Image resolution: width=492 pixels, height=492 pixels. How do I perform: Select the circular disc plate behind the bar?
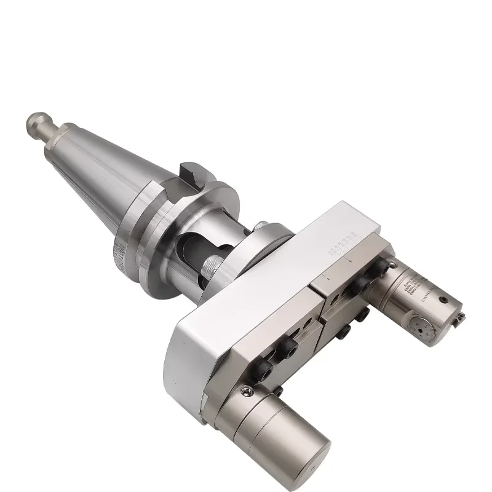(x=271, y=234)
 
